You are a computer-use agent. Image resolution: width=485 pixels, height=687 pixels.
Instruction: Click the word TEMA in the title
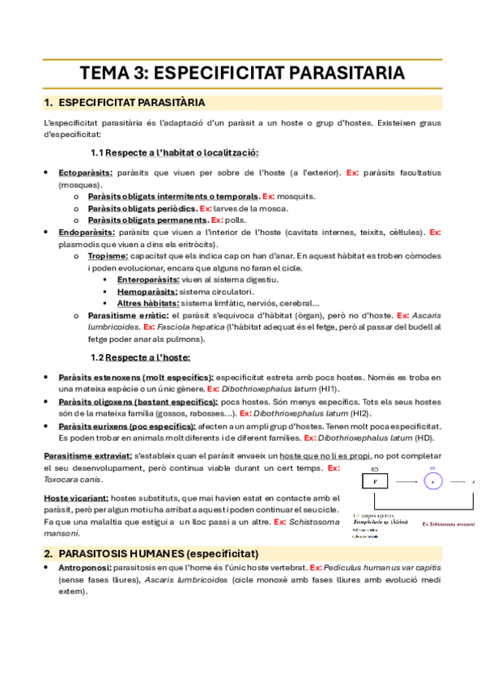(104, 73)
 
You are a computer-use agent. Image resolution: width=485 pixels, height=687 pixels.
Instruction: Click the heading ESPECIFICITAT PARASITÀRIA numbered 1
(133, 103)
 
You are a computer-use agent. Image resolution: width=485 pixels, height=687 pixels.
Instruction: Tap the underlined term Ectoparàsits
(85, 173)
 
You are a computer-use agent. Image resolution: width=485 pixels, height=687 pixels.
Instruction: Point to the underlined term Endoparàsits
(87, 232)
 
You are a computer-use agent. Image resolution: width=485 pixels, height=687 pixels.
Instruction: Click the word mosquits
(296, 196)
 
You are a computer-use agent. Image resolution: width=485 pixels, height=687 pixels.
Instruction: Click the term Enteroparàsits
(147, 279)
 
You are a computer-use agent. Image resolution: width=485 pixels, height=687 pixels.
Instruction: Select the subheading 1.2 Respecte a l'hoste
(141, 357)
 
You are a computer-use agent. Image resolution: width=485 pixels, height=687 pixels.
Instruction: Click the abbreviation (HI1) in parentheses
(329, 389)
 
